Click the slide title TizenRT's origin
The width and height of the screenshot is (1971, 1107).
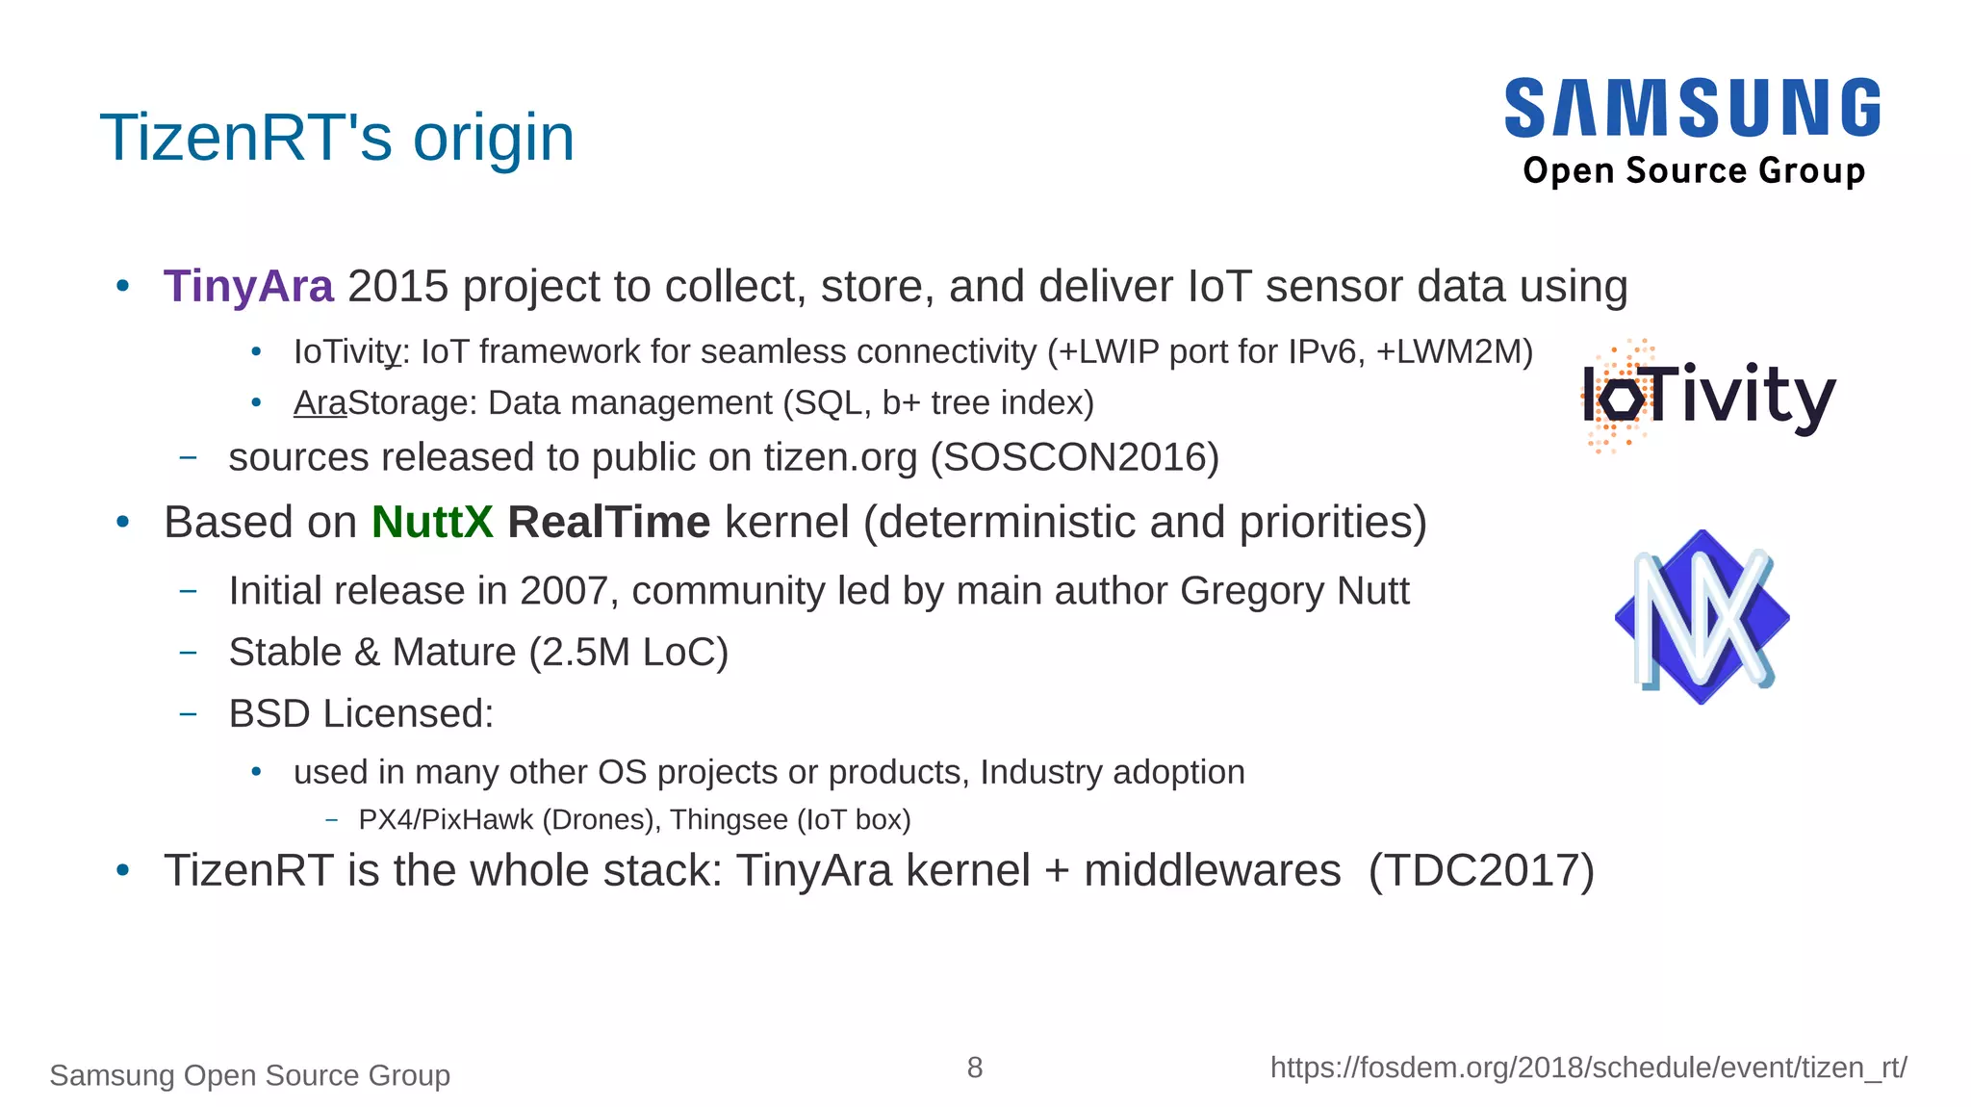click(337, 138)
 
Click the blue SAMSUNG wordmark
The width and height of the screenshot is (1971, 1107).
click(1692, 108)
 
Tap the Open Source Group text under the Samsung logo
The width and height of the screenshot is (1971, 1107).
click(1694, 170)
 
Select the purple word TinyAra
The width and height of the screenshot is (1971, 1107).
click(248, 287)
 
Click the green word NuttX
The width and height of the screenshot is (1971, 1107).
click(432, 523)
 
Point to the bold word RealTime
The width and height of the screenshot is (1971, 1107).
click(608, 523)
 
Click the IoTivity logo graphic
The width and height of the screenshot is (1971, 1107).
click(1707, 396)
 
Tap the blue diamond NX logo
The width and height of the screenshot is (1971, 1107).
click(1702, 617)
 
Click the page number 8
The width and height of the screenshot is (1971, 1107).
click(975, 1068)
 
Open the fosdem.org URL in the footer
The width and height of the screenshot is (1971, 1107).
click(1588, 1068)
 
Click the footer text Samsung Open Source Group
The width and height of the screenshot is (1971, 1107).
click(249, 1075)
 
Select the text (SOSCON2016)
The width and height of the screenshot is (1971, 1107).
click(1074, 457)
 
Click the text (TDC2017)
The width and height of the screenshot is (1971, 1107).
click(1481, 870)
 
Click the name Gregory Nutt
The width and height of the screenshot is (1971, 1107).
click(1294, 591)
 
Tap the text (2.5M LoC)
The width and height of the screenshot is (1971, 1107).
click(628, 653)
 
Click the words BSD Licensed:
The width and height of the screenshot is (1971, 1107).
click(361, 714)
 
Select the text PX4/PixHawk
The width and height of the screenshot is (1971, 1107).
click(446, 819)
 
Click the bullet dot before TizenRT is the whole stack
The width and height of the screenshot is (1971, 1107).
click(122, 870)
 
